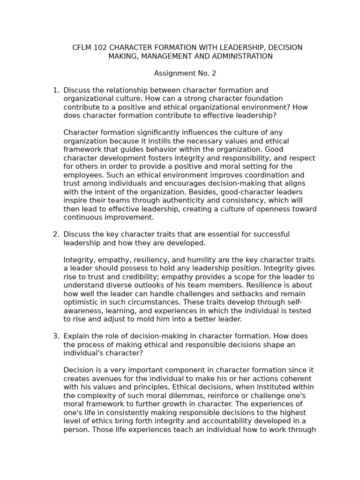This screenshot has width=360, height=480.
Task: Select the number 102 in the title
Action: (x=100, y=48)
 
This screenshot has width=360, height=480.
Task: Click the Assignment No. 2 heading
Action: (x=185, y=73)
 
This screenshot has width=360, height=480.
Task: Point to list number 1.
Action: (x=55, y=90)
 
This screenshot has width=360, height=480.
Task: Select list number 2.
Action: (x=55, y=234)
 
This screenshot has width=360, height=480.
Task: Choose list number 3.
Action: (x=55, y=336)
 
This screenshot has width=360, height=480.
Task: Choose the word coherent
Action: (x=294, y=379)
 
